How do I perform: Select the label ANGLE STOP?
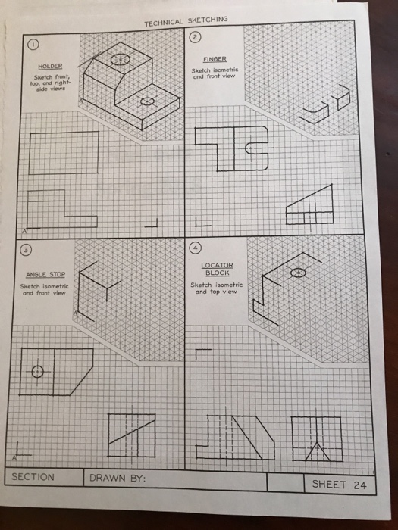click(46, 274)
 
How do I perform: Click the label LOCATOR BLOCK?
click(217, 269)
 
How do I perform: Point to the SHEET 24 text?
click(338, 484)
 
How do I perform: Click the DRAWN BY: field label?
click(118, 479)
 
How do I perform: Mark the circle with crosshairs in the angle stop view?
click(37, 371)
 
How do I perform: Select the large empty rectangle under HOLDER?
click(63, 152)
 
